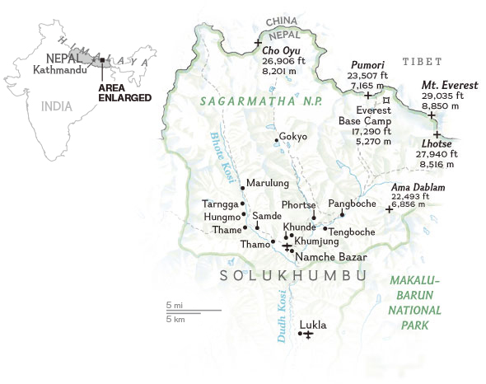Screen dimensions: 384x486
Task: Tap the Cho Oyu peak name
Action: tap(281, 49)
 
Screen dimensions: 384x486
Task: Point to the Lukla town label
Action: tap(313, 325)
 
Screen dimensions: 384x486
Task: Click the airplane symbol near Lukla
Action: tap(307, 335)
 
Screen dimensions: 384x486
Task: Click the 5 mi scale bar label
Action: tap(174, 305)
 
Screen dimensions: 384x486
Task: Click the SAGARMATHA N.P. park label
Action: tap(255, 101)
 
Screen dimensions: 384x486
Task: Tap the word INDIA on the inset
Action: tap(57, 105)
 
